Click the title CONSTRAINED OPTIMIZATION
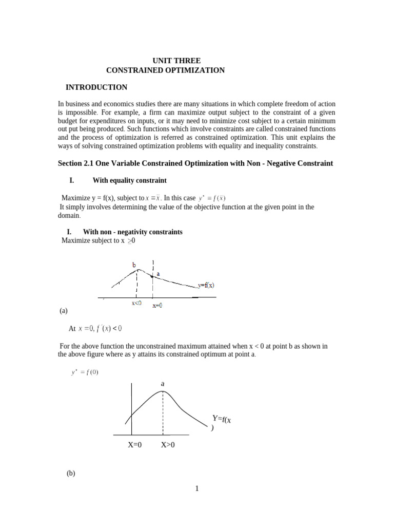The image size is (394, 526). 165,70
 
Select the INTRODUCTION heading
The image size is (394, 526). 96,87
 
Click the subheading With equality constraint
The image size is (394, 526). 129,181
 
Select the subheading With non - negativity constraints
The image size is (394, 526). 132,232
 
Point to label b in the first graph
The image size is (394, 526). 134,265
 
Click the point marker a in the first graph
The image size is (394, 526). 152,276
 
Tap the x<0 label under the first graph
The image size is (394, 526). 137,303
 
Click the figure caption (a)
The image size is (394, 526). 64,311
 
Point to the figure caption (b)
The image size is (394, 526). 71,474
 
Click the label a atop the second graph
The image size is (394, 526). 163,383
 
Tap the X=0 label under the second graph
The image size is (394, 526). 137,445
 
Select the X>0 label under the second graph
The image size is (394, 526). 168,445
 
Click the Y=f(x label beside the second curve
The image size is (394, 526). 223,420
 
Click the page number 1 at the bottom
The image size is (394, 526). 196,489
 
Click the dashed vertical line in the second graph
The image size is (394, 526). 163,414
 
